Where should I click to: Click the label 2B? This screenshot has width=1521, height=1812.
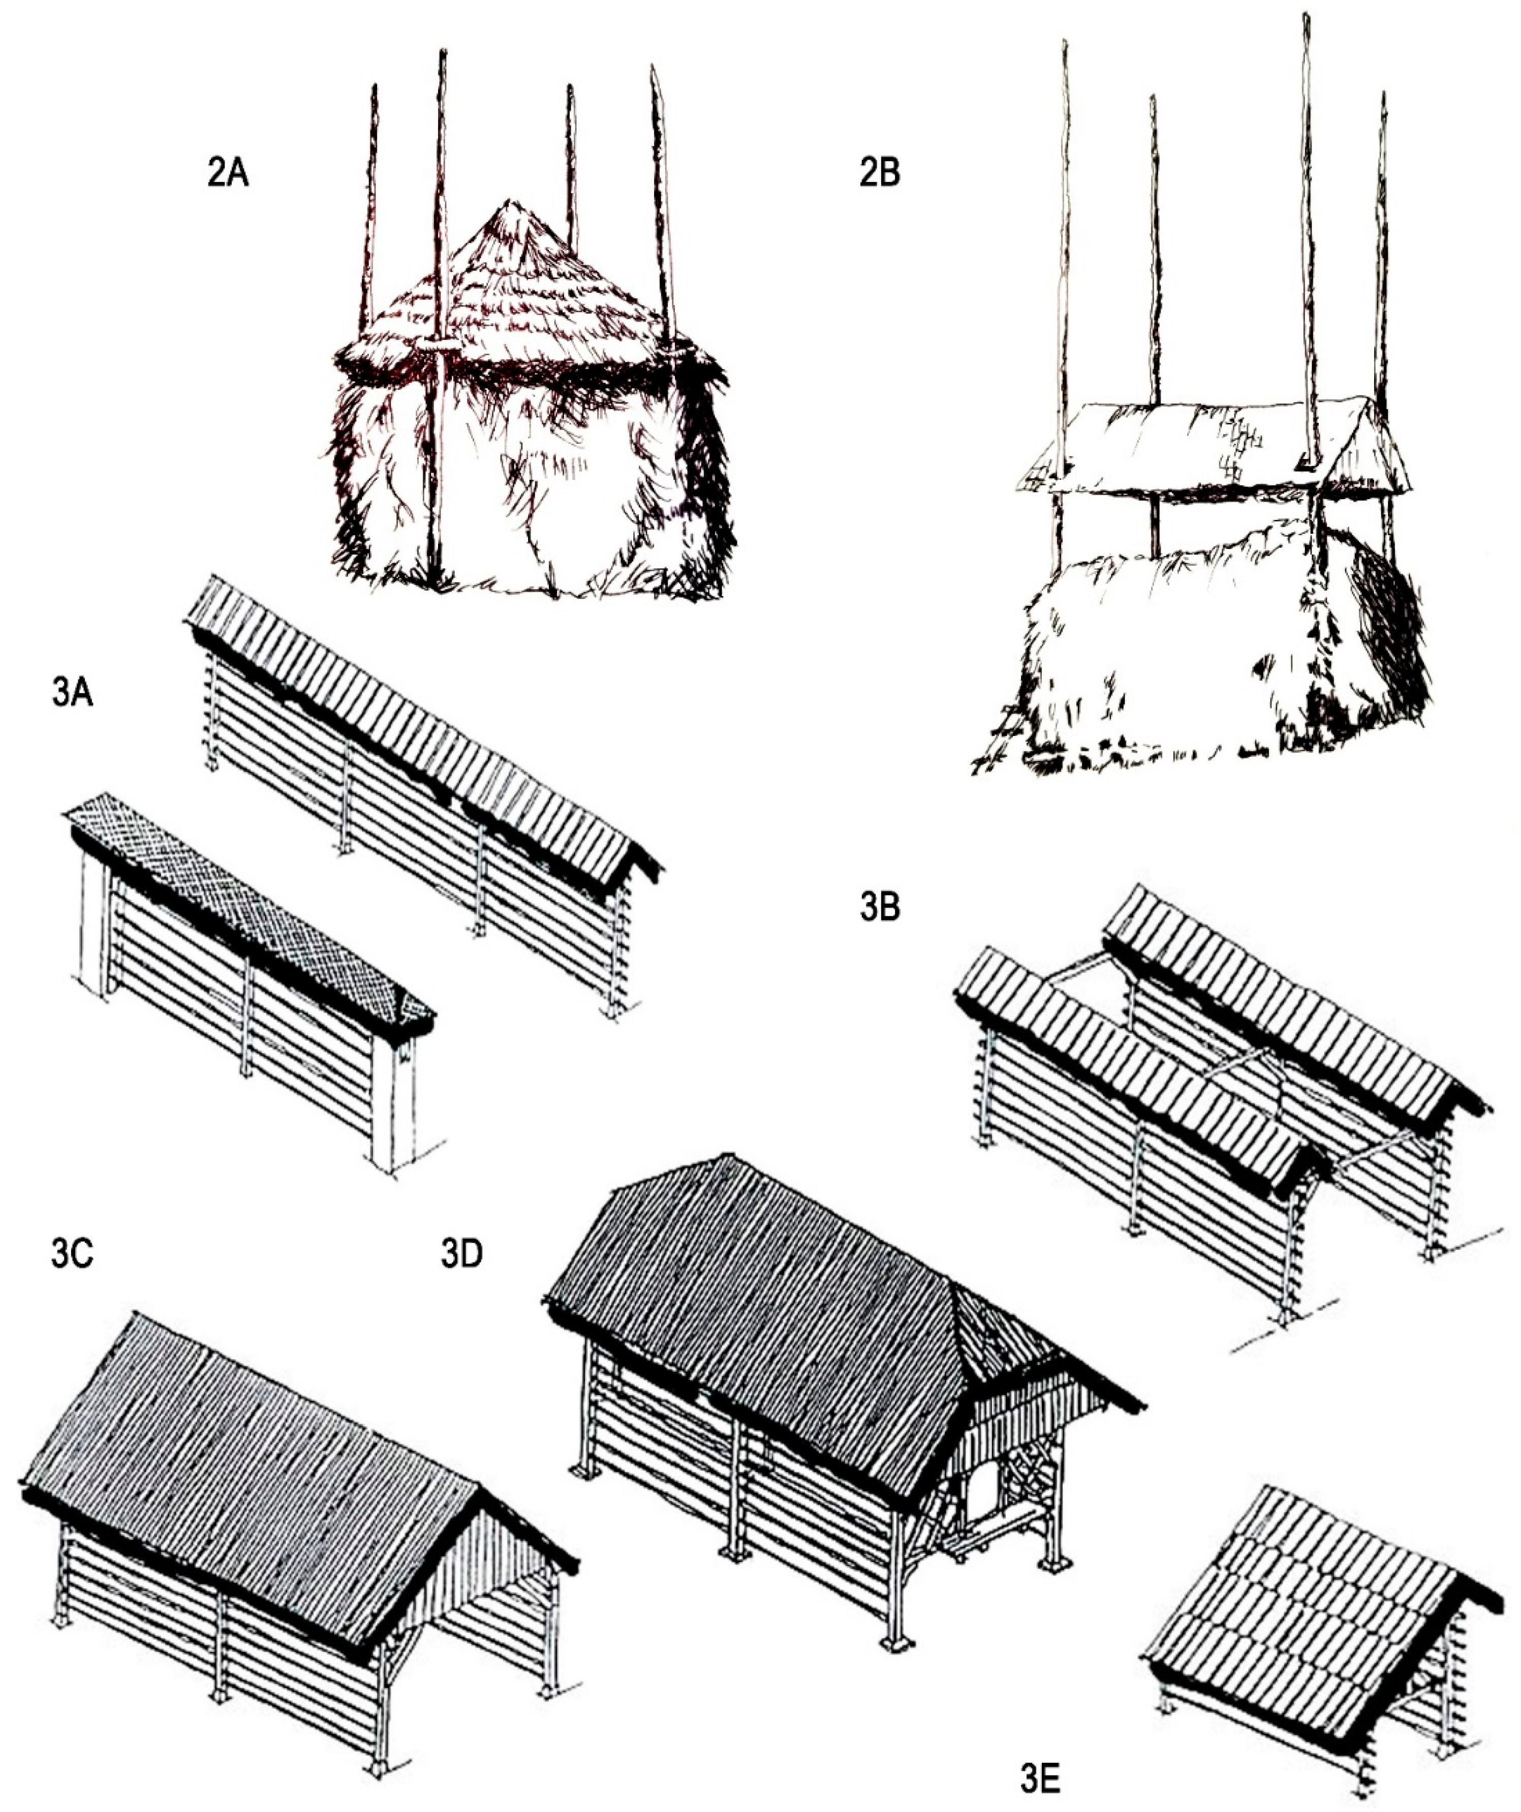(879, 173)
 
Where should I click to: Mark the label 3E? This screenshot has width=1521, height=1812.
(1042, 1779)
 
